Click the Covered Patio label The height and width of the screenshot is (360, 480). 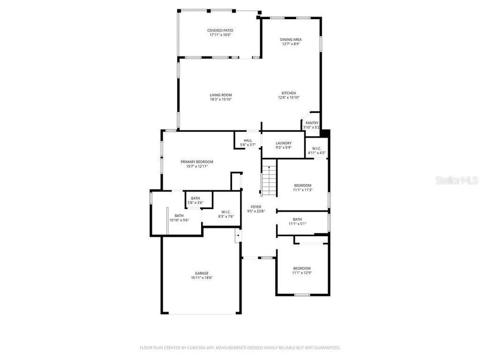(220, 30)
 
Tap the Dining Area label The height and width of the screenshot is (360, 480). (291, 39)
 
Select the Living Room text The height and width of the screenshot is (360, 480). (220, 95)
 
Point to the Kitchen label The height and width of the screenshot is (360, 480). (289, 93)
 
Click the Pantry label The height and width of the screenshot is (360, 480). (312, 123)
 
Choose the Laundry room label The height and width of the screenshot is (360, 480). (283, 143)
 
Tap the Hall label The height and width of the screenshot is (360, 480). (247, 141)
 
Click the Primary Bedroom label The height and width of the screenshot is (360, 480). (197, 162)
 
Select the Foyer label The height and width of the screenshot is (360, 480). (256, 206)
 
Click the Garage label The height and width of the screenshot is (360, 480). (202, 273)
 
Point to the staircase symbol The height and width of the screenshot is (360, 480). (269, 180)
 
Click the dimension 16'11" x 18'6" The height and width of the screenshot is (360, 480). (202, 278)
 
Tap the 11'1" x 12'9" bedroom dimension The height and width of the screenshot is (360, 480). (301, 273)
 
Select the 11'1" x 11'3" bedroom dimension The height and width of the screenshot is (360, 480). (302, 190)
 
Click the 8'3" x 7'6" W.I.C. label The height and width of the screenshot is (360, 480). (226, 216)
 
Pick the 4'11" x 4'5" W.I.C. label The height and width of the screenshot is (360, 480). (316, 153)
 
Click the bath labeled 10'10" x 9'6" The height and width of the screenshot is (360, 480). (179, 218)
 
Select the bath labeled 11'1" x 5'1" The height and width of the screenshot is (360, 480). (297, 221)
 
